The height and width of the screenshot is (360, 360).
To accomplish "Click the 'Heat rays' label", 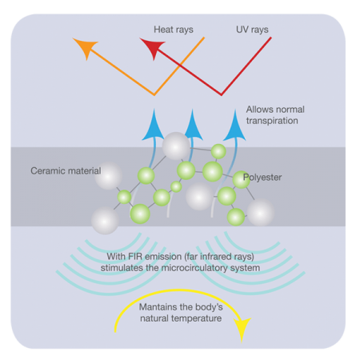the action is click(174, 30).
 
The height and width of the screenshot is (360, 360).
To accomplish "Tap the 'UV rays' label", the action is click(252, 30).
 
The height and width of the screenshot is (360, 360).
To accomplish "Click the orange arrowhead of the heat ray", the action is click(85, 47).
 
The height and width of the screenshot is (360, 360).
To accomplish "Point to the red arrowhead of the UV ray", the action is click(152, 47).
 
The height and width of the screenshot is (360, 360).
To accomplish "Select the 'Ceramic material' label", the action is click(66, 170).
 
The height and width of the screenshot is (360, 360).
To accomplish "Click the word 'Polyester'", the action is click(262, 178).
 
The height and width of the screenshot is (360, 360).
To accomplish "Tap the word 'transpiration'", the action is click(272, 121).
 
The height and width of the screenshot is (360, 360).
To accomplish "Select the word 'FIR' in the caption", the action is click(134, 257).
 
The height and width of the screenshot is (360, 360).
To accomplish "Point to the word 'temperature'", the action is click(196, 318).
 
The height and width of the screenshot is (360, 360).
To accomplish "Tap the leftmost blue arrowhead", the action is click(153, 125).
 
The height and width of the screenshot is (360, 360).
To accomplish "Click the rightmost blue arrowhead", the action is click(234, 125).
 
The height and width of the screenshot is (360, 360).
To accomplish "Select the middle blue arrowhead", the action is click(192, 125).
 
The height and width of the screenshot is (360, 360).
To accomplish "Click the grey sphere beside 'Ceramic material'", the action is click(109, 176).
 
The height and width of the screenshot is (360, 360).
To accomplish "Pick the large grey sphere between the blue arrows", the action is click(176, 146).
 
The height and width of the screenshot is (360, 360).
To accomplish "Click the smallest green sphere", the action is click(176, 186).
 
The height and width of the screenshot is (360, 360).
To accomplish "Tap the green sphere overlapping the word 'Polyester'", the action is click(241, 180).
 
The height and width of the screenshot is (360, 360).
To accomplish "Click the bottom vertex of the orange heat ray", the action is click(154, 95).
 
